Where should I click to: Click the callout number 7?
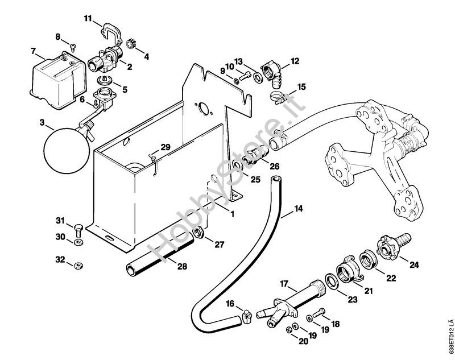click(34, 52)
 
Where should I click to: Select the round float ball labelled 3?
click(66, 148)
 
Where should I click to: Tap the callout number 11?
click(88, 20)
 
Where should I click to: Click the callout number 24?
click(414, 263)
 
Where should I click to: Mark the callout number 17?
click(285, 282)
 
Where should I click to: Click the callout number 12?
click(295, 60)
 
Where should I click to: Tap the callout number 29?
click(165, 147)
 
